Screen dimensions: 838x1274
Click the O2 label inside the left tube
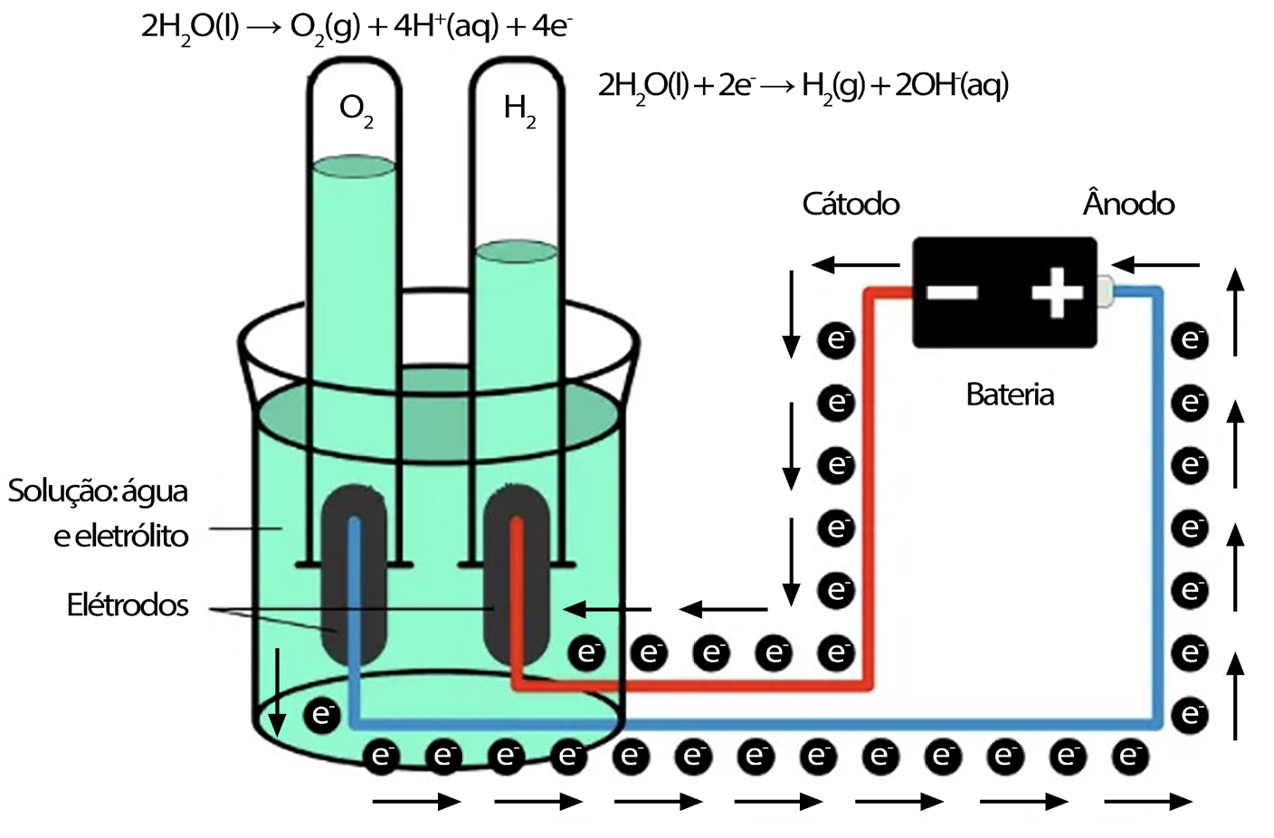(x=356, y=110)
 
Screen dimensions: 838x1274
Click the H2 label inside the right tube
(x=519, y=110)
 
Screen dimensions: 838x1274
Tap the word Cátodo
(x=851, y=204)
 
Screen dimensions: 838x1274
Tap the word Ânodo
(x=1128, y=204)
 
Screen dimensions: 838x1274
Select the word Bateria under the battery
(x=1010, y=395)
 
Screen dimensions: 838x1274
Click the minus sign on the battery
(x=952, y=292)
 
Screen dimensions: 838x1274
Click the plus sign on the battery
(x=1057, y=292)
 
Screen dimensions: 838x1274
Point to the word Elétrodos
(x=128, y=605)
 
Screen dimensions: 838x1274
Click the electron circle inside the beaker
(x=322, y=715)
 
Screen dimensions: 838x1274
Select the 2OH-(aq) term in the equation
(x=950, y=87)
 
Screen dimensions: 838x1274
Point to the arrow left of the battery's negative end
(x=855, y=265)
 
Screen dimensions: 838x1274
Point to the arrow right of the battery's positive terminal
(x=1155, y=265)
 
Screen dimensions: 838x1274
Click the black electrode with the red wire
(x=517, y=579)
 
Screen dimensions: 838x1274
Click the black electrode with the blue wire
(x=354, y=579)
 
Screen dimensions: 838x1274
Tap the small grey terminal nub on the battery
(x=1105, y=291)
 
